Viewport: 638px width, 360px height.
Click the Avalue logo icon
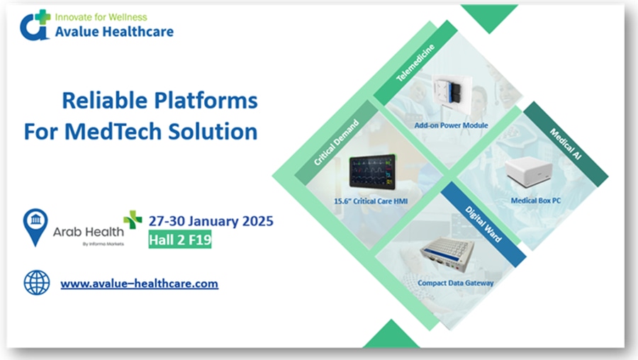35,26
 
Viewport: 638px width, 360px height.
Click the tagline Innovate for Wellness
101,17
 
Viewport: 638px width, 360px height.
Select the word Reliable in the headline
105,100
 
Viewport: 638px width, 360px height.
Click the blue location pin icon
35,227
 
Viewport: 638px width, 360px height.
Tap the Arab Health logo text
89,232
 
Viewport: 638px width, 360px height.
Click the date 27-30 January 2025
211,221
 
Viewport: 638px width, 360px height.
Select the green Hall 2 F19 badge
180,240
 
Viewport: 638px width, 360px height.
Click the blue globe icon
37,283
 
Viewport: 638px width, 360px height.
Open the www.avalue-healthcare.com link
139,283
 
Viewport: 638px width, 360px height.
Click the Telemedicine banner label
415,62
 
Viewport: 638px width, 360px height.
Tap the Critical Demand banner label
336,142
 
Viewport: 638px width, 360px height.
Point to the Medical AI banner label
566,144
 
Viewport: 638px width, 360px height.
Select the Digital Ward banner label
483,224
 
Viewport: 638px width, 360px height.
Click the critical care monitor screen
372,171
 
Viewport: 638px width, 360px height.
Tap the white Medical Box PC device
529,171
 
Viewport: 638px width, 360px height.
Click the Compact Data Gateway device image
447,254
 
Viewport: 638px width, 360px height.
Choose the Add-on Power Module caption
452,125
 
